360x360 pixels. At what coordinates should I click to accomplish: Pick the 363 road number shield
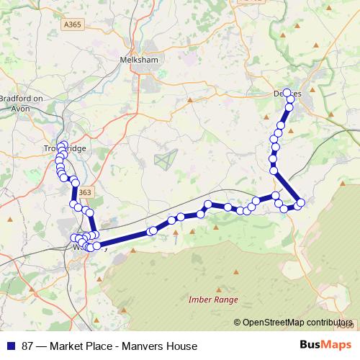(x=85, y=192)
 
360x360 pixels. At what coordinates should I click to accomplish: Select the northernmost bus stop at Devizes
(x=287, y=93)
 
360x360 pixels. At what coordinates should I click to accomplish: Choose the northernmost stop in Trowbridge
(x=63, y=145)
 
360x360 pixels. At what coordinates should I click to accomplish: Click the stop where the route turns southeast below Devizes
(x=274, y=170)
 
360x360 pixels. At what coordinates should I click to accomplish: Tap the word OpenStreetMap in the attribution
(x=273, y=323)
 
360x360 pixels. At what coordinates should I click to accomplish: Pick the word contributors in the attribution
(x=328, y=323)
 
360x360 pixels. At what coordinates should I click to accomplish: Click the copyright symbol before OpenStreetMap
(x=237, y=323)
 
